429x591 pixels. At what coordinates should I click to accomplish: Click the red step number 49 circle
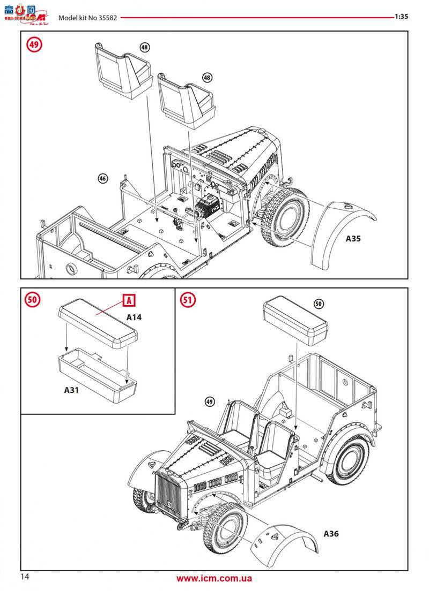tap(34, 44)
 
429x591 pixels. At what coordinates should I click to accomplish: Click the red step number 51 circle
tap(188, 300)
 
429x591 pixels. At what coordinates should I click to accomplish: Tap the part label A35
tap(353, 239)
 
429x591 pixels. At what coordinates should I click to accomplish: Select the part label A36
tap(331, 533)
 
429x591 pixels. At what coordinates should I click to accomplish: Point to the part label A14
tap(134, 317)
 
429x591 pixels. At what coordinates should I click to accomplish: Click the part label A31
tap(71, 390)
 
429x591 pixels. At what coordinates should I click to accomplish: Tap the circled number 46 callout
tap(103, 179)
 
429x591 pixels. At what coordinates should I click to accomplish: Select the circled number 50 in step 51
tap(319, 304)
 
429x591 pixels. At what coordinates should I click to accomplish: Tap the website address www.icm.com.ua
tap(214, 578)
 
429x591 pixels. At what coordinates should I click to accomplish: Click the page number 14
tap(25, 577)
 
